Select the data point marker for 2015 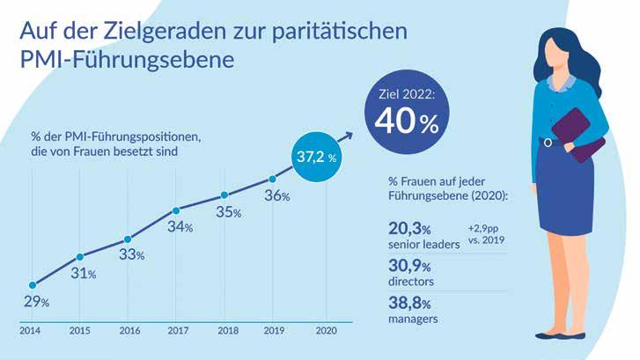pyautogui.click(x=79, y=256)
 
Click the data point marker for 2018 pyautogui.click(x=224, y=195)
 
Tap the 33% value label pyautogui.click(x=132, y=256)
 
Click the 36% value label pyautogui.click(x=277, y=196)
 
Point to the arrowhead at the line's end pyautogui.click(x=349, y=135)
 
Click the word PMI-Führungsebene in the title pyautogui.click(x=128, y=62)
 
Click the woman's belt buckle pyautogui.click(x=548, y=142)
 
